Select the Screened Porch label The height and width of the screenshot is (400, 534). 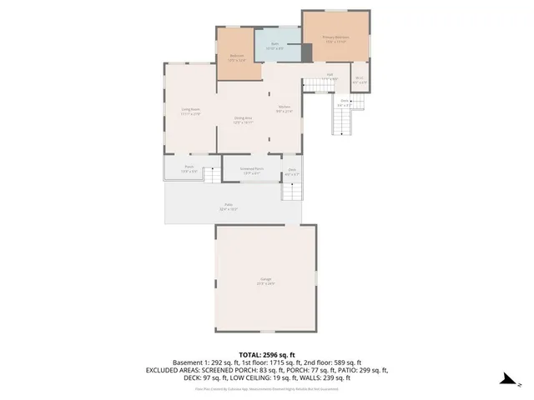pyautogui.click(x=251, y=170)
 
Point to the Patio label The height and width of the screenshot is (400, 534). pyautogui.click(x=228, y=206)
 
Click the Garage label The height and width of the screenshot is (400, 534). pyautogui.click(x=265, y=280)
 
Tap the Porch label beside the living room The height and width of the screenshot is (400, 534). pyautogui.click(x=189, y=168)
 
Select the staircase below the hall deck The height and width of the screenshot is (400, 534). pyautogui.click(x=343, y=122)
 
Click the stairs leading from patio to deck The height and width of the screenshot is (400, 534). pyautogui.click(x=290, y=192)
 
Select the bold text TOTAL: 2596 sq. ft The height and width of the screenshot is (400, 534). pyautogui.click(x=266, y=354)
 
